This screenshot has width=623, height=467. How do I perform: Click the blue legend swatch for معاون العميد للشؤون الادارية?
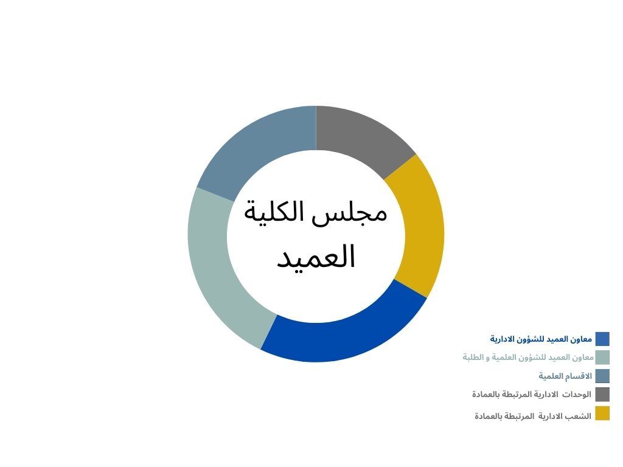tap(602, 339)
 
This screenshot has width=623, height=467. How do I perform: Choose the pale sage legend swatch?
tap(602, 358)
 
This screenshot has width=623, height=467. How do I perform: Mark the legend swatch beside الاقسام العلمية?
tap(602, 376)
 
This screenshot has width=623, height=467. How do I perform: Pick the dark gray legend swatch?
tap(602, 395)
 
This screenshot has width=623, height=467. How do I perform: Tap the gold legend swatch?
tap(602, 413)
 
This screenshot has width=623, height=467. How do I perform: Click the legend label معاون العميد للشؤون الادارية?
tap(541, 339)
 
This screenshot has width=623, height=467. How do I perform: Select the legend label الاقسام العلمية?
tap(565, 376)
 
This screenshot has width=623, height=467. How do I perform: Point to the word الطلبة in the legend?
tap(472, 358)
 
